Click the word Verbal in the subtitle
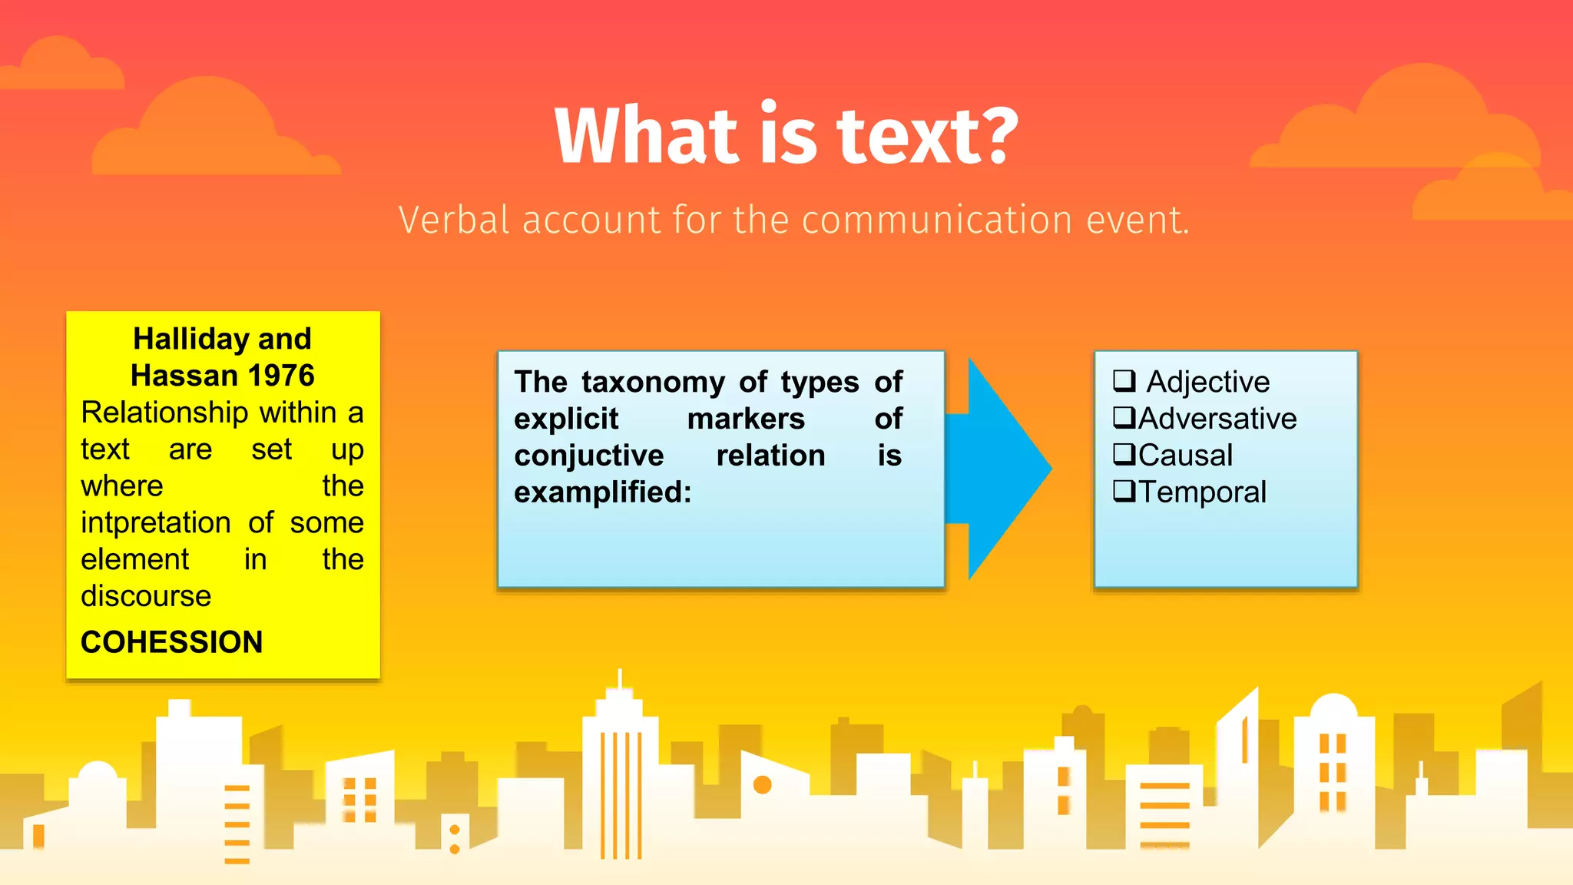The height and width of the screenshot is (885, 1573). (x=454, y=220)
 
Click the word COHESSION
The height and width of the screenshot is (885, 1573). (x=171, y=642)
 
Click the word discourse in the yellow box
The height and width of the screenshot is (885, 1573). (x=146, y=596)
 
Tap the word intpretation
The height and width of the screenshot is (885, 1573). (x=156, y=523)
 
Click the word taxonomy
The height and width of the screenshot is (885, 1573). (x=653, y=382)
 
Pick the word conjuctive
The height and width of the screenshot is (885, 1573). (x=589, y=456)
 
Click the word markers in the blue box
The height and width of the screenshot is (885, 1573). (x=746, y=419)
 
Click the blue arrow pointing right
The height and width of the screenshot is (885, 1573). (x=1002, y=469)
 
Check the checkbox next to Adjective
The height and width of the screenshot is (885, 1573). (x=1124, y=381)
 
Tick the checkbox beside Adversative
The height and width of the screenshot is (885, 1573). (x=1124, y=418)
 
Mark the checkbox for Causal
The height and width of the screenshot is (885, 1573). (x=1124, y=455)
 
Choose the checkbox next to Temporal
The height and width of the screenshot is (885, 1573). (x=1124, y=492)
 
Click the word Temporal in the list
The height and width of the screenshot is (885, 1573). (x=1202, y=492)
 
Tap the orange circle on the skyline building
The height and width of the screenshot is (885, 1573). (x=762, y=784)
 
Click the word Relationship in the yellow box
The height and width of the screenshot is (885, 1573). (x=155, y=413)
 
